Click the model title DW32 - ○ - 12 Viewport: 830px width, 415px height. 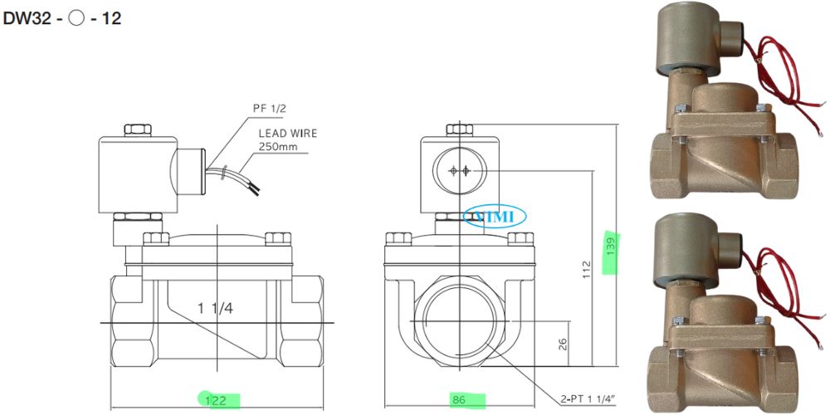(x=62, y=17)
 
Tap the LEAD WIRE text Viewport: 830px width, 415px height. (x=287, y=132)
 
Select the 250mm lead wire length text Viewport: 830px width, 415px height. (x=277, y=147)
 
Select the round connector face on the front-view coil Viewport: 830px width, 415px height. (x=459, y=171)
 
